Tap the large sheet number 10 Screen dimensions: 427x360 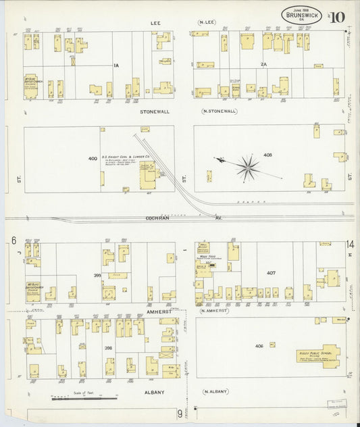336,16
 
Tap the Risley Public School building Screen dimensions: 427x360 317,355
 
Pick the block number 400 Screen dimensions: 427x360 93,158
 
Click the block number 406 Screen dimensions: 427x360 259,345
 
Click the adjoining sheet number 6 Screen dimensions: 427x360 13,241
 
